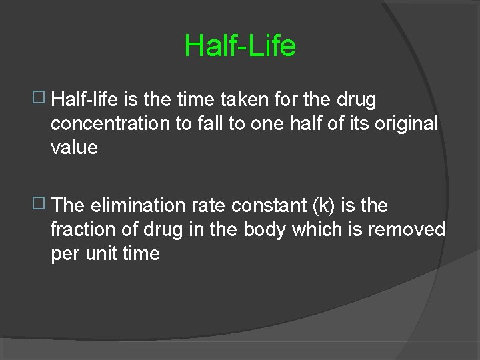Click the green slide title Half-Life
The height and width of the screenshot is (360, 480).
[x=240, y=46]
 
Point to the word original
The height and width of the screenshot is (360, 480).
[x=405, y=124]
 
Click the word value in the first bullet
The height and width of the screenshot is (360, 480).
[x=74, y=147]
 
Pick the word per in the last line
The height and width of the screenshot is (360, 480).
[x=67, y=255]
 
